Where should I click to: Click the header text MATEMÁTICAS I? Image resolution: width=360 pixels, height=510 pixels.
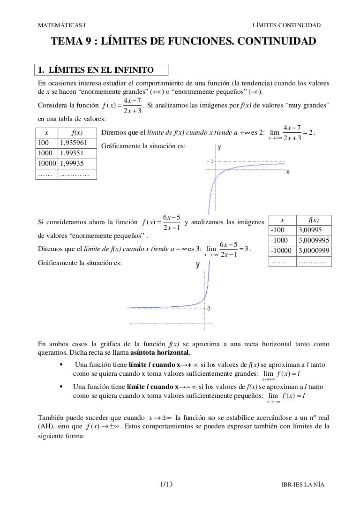61,24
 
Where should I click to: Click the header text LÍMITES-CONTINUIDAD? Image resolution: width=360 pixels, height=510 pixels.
286,24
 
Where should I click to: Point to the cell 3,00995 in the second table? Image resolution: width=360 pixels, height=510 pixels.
310,230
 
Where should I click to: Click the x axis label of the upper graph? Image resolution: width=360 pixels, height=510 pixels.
287,172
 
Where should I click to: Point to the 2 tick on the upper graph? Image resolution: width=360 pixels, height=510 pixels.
212,161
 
